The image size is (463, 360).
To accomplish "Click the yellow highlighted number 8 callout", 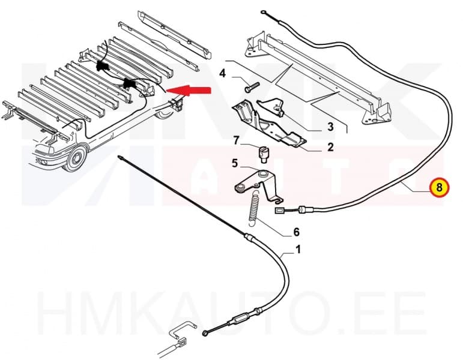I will pyautogui.click(x=439, y=188).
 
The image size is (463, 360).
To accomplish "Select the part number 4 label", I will pyautogui.click(x=222, y=74).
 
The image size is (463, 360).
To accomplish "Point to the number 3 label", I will pyautogui.click(x=330, y=127).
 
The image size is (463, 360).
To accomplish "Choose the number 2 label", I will pyautogui.click(x=330, y=147).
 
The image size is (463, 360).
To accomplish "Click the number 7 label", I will pyautogui.click(x=237, y=140).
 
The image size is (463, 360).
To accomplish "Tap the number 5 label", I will pyautogui.click(x=235, y=163).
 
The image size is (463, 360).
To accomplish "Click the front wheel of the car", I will pyautogui.click(x=76, y=161).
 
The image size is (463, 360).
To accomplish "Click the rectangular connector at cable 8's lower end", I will pyautogui.click(x=280, y=210).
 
